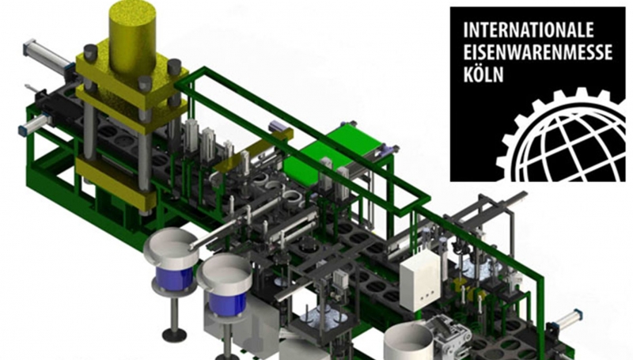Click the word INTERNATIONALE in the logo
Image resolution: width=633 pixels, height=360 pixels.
529,30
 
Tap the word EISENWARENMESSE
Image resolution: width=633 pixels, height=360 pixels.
538,52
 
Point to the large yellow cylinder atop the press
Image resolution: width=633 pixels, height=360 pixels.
132,35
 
